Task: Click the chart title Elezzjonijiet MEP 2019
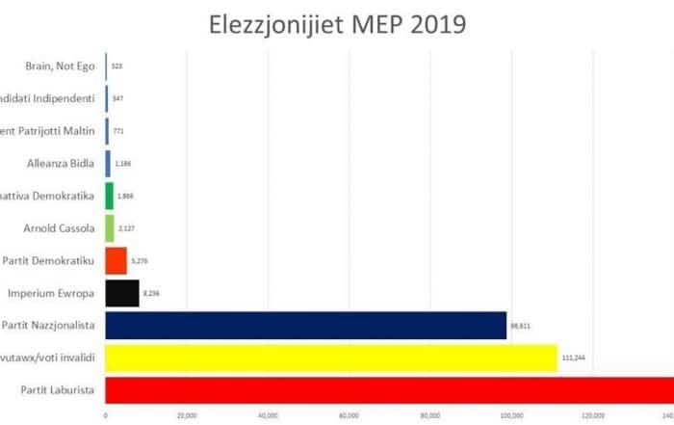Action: (337, 23)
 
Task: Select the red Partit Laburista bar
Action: (385, 390)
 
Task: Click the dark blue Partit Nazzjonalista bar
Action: (305, 325)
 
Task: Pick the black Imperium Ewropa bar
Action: (122, 292)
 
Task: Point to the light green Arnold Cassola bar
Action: (110, 227)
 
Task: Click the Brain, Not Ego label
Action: (60, 66)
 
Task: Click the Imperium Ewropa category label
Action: (51, 292)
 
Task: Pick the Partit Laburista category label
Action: (55, 390)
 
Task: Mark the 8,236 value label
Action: (153, 293)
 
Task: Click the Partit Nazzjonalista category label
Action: (49, 325)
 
